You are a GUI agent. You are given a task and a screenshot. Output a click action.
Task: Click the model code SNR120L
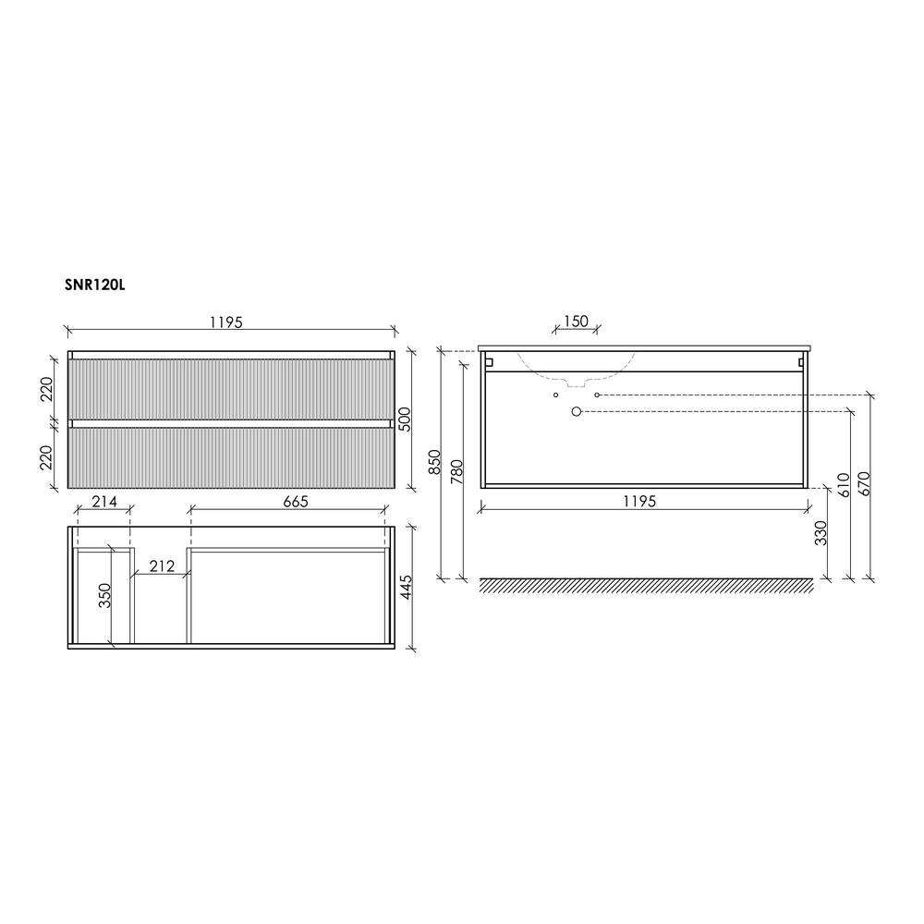coord(94,286)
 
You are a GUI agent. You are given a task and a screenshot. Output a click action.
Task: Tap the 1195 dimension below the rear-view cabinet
coord(638,501)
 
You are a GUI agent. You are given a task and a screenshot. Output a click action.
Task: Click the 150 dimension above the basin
coord(576,321)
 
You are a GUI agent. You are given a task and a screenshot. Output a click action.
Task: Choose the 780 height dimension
coord(455,473)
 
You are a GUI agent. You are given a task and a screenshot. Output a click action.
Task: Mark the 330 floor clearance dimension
coord(821,534)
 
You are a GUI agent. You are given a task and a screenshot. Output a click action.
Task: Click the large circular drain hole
coord(577,411)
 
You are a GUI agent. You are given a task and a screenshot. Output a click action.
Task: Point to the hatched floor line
coord(647,586)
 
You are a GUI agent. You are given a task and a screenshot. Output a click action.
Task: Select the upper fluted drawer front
coord(231,388)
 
